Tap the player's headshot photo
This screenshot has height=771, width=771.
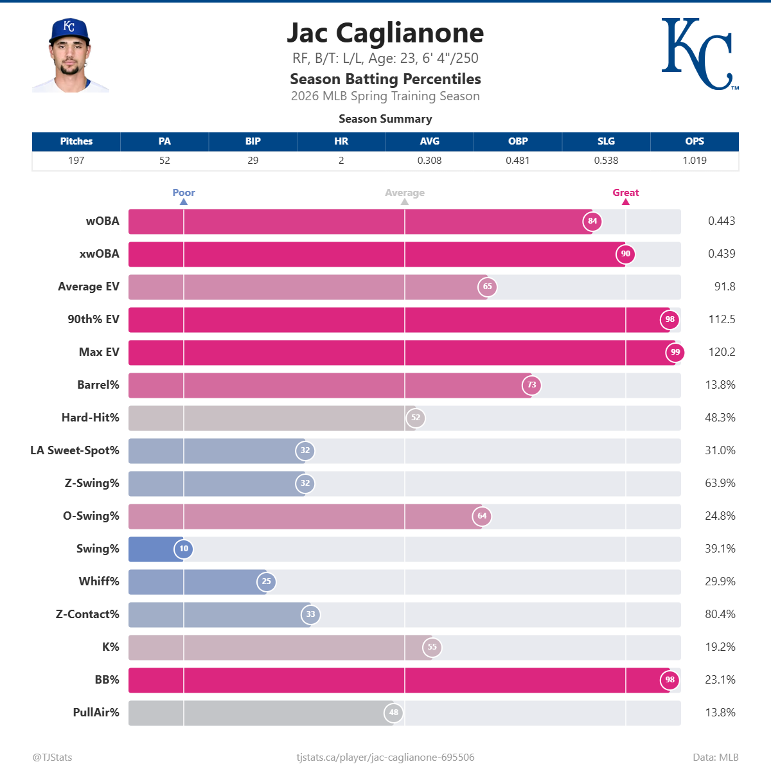coord(70,56)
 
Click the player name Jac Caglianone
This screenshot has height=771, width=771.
coord(385,33)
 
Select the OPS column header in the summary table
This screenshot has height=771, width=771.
coord(694,141)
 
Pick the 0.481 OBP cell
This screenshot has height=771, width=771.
coord(517,161)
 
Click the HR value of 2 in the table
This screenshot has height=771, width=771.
coord(341,161)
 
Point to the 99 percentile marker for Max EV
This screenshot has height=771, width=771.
coord(675,352)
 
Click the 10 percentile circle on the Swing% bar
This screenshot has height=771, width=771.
coord(184,549)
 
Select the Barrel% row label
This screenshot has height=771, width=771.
coord(98,385)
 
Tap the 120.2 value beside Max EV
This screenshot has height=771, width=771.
coord(722,352)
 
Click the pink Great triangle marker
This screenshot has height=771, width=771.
coord(625,202)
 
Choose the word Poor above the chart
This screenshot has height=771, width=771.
coord(184,193)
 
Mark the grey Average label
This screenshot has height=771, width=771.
coord(405,193)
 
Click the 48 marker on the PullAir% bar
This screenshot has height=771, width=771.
coord(393,713)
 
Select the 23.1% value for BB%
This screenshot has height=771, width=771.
coord(720,680)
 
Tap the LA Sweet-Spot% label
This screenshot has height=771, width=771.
coord(75,450)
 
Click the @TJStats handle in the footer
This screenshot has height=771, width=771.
coord(52,758)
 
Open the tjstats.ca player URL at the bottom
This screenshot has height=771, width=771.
coord(385,758)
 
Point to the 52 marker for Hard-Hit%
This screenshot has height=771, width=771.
coord(416,418)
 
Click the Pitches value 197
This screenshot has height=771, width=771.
coord(76,161)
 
